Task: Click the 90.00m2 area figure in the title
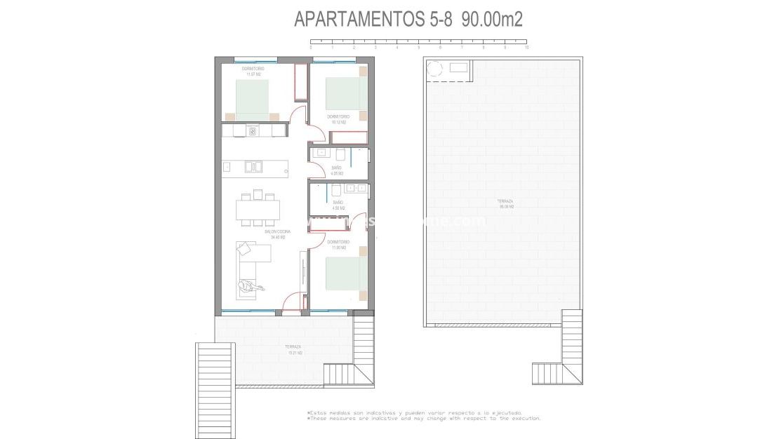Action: pos(493,20)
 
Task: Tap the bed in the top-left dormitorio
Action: pos(252,100)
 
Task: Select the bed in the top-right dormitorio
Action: pos(346,93)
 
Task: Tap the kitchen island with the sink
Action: pos(255,167)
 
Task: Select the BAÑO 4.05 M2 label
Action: pos(337,170)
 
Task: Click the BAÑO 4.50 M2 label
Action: pos(338,205)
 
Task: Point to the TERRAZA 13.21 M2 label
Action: pos(293,349)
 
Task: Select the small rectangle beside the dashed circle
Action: pos(459,67)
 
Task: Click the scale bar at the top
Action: pos(419,43)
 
